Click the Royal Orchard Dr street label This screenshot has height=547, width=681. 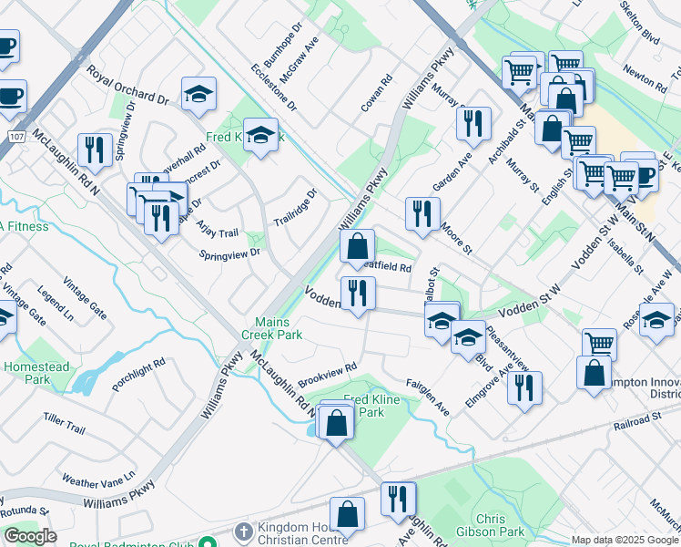(x=128, y=85)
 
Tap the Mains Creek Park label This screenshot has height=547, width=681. (x=279, y=328)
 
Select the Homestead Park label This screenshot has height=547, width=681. (x=37, y=373)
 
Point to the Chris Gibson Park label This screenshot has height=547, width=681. (x=500, y=524)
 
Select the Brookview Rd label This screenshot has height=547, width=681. (x=327, y=374)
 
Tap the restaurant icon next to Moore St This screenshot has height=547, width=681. (x=421, y=212)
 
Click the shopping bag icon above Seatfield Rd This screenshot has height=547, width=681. (x=358, y=244)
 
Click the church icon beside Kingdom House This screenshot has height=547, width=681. (x=242, y=531)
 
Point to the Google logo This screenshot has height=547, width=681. (x=30, y=536)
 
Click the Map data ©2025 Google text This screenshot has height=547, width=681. (x=625, y=540)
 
